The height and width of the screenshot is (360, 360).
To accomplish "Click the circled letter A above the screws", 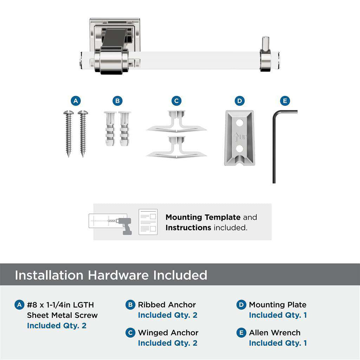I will click(75, 101).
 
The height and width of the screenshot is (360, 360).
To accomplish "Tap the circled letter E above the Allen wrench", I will click(285, 101).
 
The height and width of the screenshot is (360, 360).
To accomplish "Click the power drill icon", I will click(123, 225).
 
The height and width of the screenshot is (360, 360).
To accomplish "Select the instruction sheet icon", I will click(148, 222).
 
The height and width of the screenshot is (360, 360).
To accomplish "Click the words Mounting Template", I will click(203, 217).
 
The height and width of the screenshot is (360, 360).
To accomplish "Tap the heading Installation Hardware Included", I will click(111, 275).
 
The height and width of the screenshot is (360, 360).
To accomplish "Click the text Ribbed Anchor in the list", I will click(167, 305).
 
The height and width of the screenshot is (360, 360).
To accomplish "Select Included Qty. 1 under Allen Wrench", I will click(278, 343).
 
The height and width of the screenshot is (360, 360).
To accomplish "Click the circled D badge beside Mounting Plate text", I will click(241, 305).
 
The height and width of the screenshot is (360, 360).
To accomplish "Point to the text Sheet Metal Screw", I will click(62, 315).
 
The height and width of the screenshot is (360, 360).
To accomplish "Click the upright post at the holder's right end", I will click(266, 44).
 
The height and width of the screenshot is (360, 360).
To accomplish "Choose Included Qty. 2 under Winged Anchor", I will click(167, 343).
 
